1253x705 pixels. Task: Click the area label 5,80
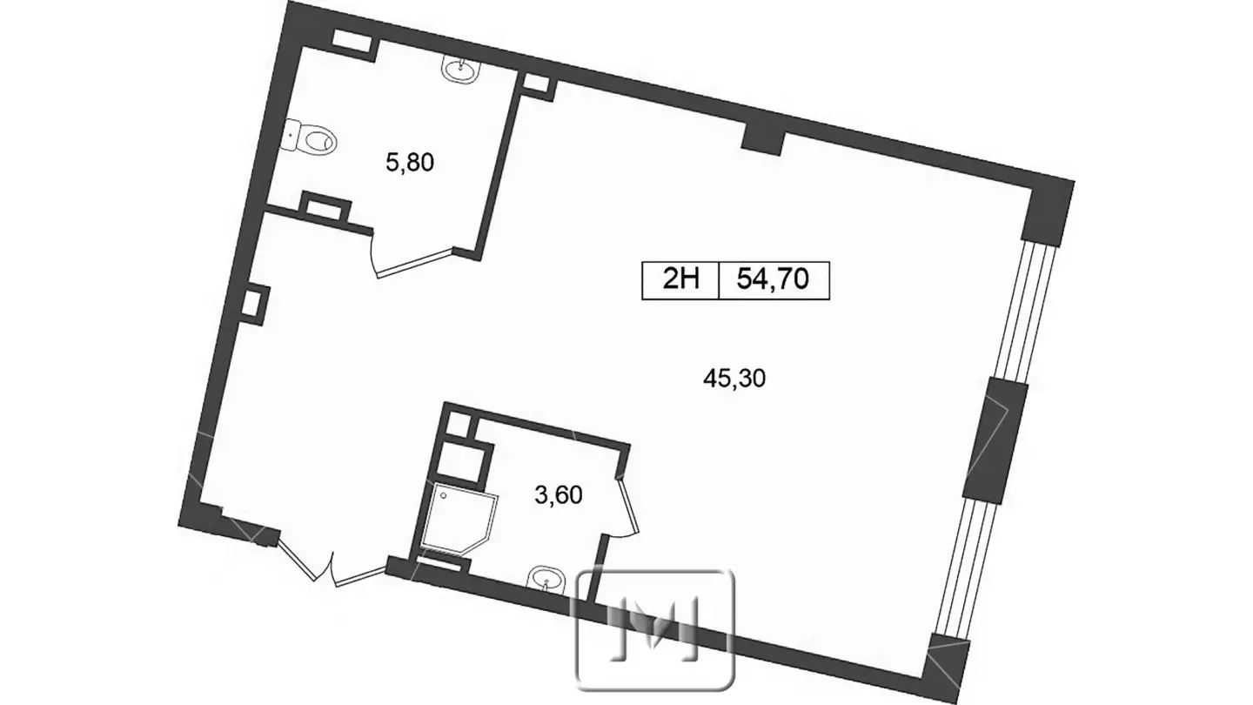click(410, 163)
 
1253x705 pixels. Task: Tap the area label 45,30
click(734, 379)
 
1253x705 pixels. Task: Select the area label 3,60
click(559, 495)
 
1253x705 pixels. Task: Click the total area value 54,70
click(773, 279)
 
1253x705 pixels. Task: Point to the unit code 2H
click(680, 279)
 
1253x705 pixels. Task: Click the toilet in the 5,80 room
click(311, 138)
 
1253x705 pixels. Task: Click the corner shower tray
click(458, 518)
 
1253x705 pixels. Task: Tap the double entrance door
click(332, 560)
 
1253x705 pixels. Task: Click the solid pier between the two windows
click(995, 440)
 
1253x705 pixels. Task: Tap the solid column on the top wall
click(763, 142)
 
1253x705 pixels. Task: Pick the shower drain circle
click(444, 496)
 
